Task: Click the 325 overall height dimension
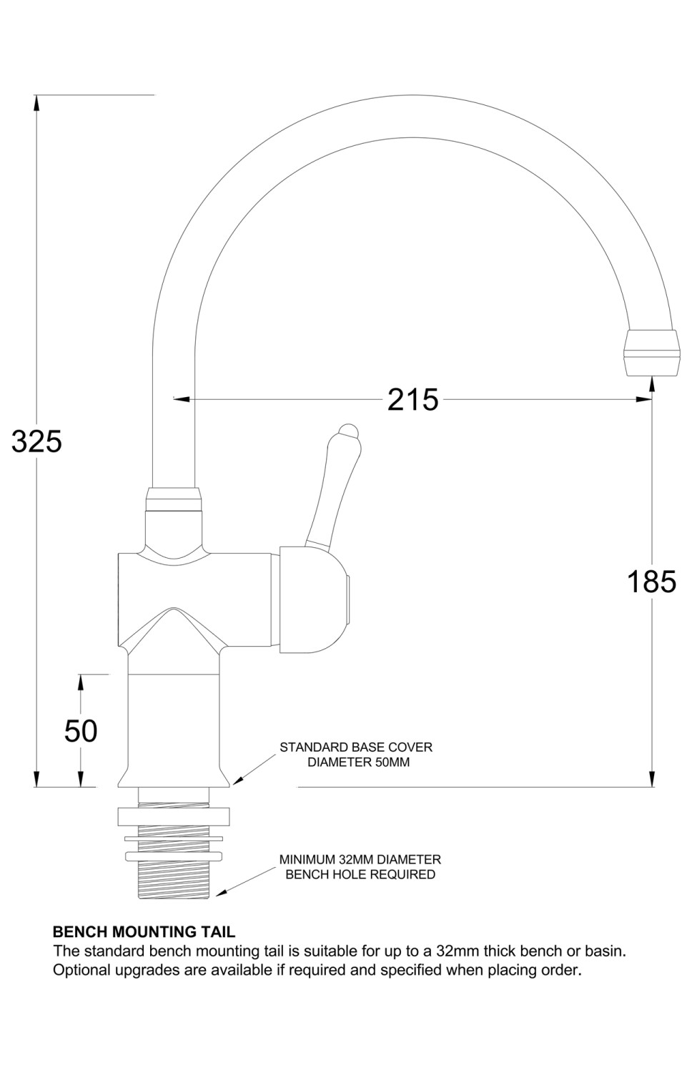pos(36,441)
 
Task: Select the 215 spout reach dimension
pos(412,399)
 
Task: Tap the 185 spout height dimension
pos(651,582)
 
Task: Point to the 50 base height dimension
pos(81,730)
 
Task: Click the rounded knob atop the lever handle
pos(347,431)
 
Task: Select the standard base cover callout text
pos(356,755)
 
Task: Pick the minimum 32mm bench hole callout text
pos(360,867)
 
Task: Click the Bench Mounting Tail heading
pos(144,932)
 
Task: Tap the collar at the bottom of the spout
pos(173,499)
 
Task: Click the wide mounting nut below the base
pos(174,817)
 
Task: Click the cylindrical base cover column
pos(174,722)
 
